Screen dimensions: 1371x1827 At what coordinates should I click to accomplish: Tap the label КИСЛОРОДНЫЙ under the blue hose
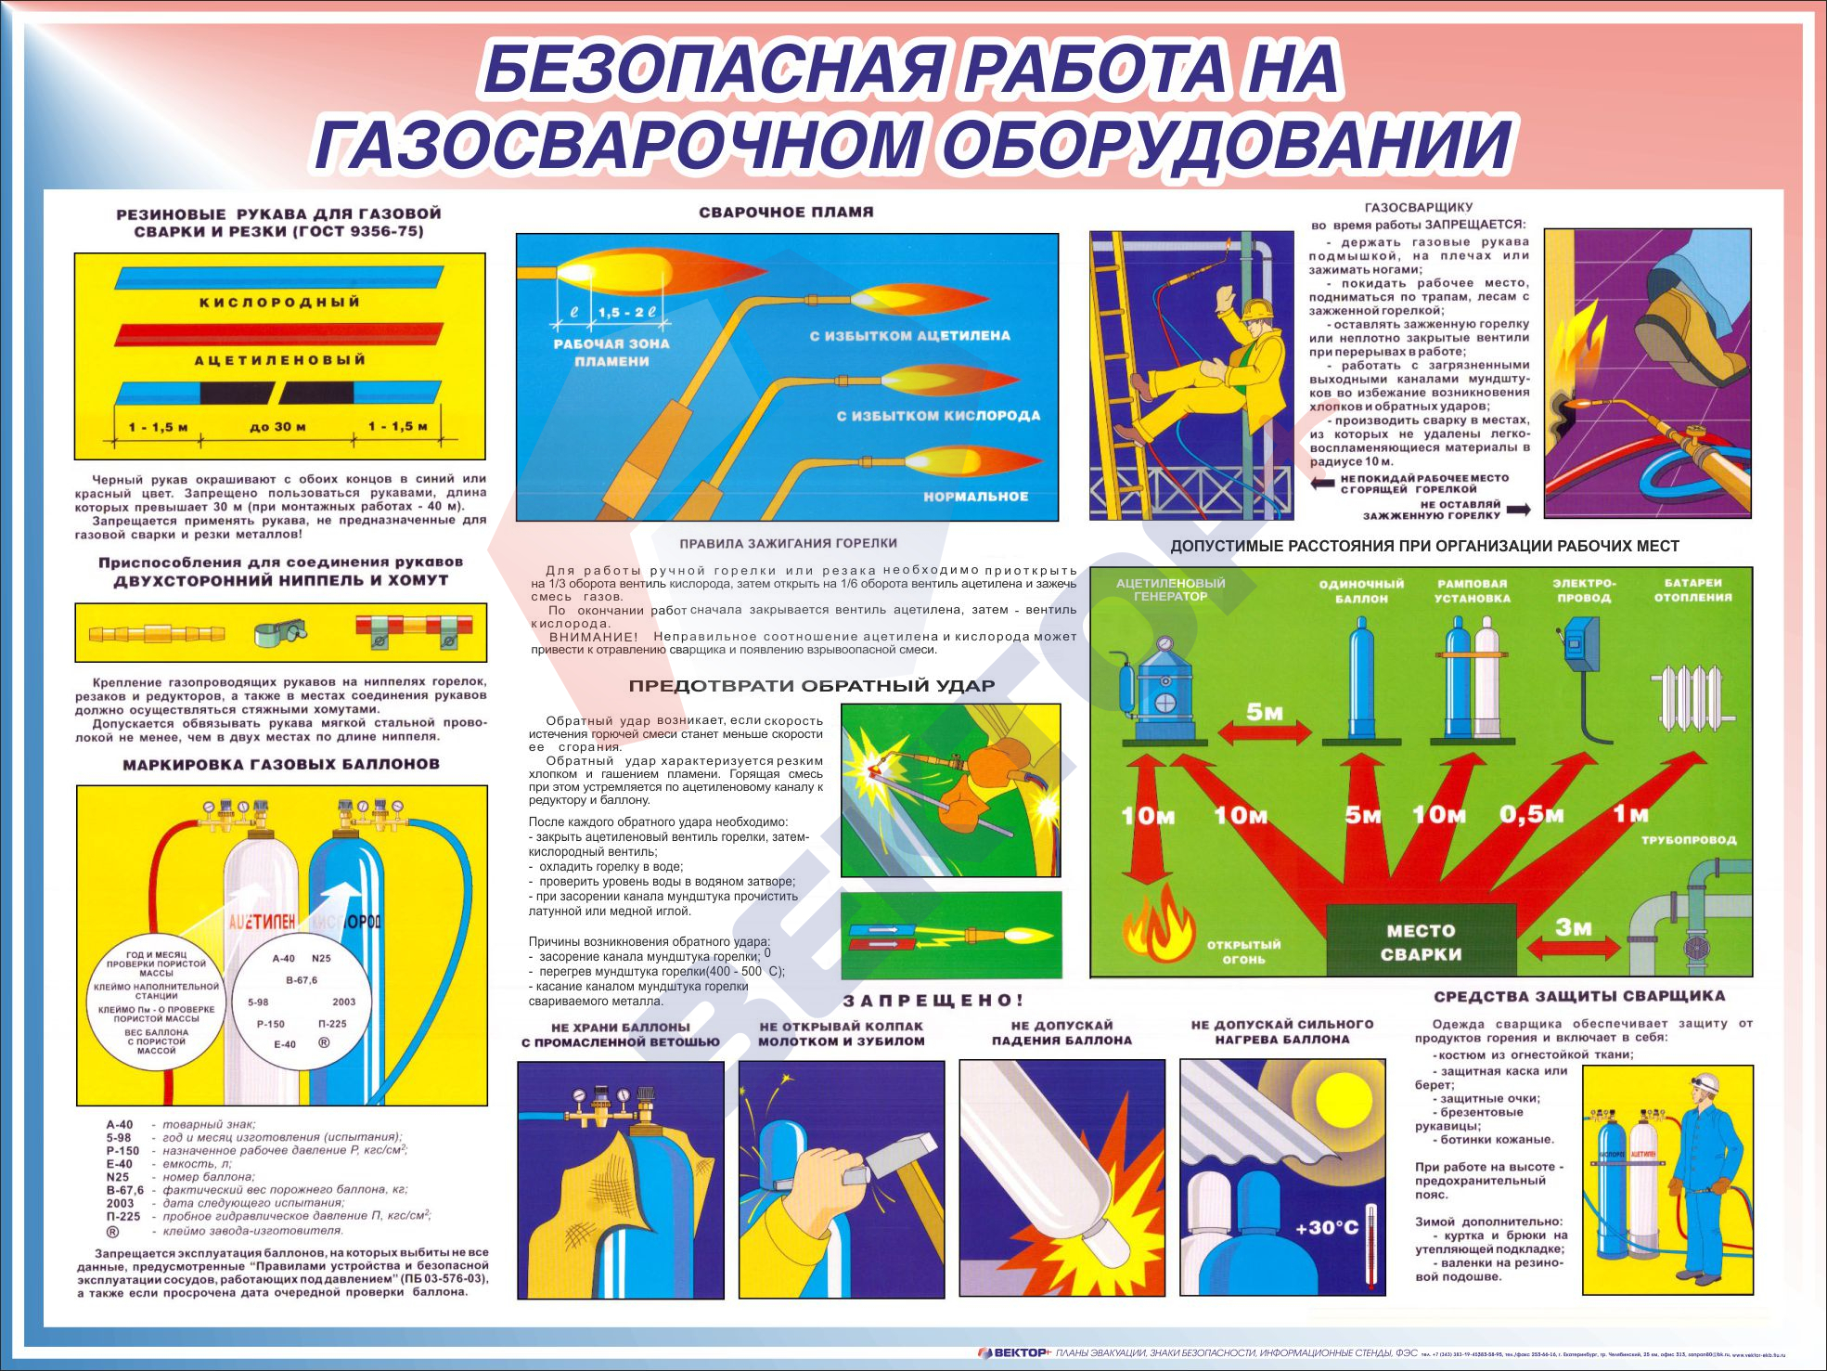point(279,303)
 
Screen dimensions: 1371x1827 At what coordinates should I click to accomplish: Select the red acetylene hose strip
point(279,333)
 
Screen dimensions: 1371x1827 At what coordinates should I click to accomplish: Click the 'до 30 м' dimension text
point(277,427)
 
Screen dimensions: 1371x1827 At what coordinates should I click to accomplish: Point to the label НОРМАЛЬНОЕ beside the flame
point(975,497)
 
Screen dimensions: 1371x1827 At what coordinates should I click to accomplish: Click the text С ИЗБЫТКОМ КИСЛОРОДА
point(938,416)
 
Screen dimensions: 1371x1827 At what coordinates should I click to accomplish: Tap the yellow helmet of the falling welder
point(1257,307)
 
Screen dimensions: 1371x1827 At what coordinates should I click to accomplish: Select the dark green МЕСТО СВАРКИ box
point(1420,941)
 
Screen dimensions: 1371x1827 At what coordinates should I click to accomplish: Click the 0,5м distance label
point(1531,815)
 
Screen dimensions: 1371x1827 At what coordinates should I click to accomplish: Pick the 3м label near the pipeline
point(1573,926)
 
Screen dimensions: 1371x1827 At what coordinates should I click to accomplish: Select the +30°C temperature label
point(1326,1228)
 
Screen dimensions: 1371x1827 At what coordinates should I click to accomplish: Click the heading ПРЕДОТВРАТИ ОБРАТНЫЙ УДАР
point(811,686)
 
